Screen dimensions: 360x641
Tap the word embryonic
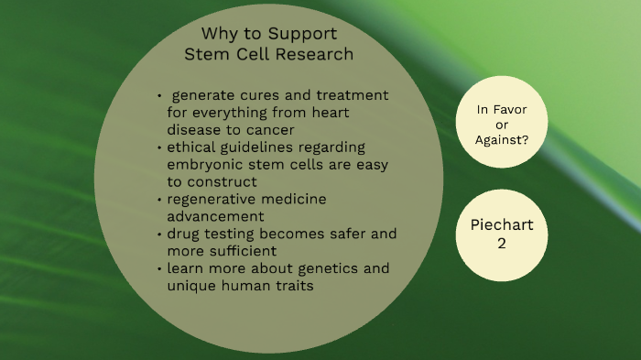(204, 164)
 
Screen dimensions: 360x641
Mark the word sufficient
(245, 251)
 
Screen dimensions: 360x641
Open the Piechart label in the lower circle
(501, 225)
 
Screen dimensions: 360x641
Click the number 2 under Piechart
(501, 245)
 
